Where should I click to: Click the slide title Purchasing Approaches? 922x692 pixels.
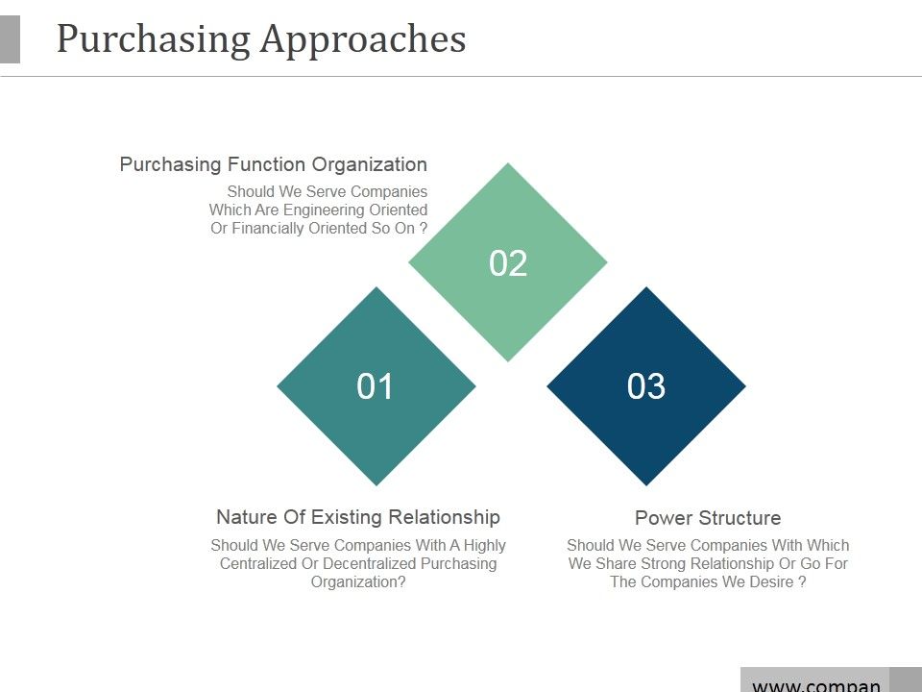pos(261,39)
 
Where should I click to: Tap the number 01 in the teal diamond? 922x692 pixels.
pos(376,386)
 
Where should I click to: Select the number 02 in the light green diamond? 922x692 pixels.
pos(508,263)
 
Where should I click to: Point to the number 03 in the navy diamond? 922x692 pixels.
pos(646,386)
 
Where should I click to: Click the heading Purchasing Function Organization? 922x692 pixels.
pos(273,164)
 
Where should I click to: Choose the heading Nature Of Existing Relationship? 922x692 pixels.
pos(357,517)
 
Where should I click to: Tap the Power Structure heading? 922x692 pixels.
pos(708,518)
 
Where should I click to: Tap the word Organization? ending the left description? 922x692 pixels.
pos(358,581)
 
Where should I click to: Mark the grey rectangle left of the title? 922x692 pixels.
pos(10,39)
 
